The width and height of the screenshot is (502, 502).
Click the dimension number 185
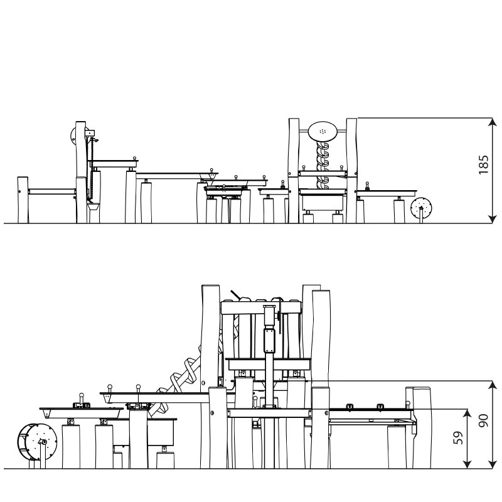pos(483,164)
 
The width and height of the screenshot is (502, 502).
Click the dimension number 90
pos(483,420)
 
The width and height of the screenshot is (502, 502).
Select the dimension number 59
pos(459,437)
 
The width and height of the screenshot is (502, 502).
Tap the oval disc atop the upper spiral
pos(323,131)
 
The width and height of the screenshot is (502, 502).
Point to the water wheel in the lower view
pos(37,442)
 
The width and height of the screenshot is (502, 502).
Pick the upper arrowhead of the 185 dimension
pos(492,122)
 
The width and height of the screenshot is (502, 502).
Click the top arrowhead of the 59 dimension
pos(467,414)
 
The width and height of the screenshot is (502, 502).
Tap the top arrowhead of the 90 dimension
pos(492,386)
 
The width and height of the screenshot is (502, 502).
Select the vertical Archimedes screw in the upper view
pos(323,165)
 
